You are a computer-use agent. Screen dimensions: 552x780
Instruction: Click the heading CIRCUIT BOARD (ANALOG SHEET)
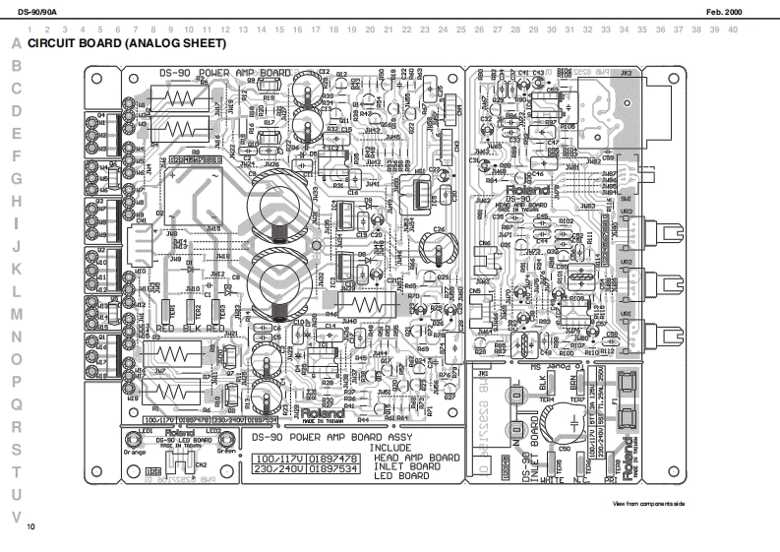(x=127, y=44)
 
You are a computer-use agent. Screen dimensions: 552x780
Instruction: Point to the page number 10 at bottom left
(x=31, y=528)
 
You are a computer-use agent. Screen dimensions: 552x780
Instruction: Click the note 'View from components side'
(x=648, y=504)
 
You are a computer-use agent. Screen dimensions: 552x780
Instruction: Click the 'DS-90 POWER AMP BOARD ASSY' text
(x=332, y=437)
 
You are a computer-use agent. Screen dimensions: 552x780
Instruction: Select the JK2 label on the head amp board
(x=626, y=75)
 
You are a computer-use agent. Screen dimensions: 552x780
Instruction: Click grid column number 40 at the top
(x=733, y=30)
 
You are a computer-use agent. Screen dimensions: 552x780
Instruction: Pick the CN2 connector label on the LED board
(x=201, y=463)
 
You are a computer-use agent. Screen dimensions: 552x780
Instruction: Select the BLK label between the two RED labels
(x=191, y=327)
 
